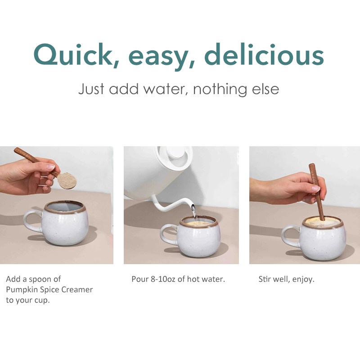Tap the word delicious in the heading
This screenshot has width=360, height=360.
click(x=264, y=55)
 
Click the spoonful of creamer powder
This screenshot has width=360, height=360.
click(x=67, y=180)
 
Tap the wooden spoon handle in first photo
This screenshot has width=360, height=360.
click(x=31, y=157)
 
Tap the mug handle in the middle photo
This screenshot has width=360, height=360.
click(x=168, y=234)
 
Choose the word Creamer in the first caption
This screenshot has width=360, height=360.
click(x=76, y=290)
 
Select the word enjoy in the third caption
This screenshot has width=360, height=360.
click(x=303, y=279)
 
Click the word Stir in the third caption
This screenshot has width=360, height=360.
click(x=264, y=279)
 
